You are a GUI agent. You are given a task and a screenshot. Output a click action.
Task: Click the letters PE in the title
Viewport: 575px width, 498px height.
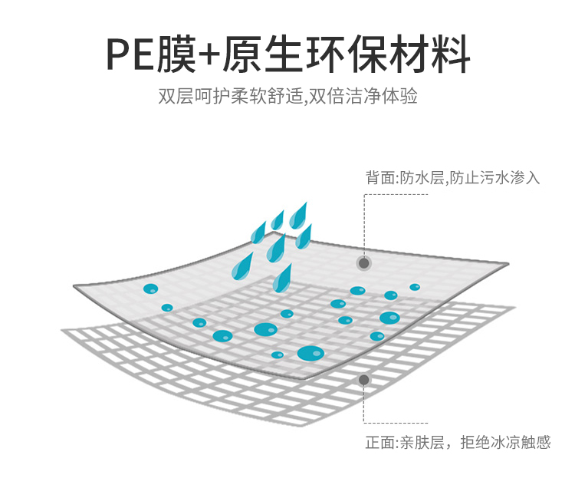pyautogui.click(x=130, y=54)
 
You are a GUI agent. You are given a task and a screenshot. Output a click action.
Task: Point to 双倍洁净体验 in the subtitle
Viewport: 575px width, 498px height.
pyautogui.click(x=363, y=97)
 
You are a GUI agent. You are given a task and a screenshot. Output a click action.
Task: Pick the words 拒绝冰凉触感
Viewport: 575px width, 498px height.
pyautogui.click(x=506, y=443)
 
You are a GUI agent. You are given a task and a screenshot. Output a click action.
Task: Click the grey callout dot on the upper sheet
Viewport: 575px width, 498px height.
pyautogui.click(x=364, y=263)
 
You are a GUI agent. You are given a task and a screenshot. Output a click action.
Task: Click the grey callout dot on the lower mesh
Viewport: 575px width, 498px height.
pyautogui.click(x=364, y=380)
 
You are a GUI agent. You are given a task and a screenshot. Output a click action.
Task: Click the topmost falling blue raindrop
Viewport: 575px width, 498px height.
pyautogui.click(x=298, y=214)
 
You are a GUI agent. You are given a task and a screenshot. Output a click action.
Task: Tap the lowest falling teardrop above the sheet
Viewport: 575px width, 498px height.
pyautogui.click(x=284, y=277)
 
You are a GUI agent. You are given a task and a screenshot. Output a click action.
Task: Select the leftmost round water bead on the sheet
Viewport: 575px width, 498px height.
pyautogui.click(x=150, y=289)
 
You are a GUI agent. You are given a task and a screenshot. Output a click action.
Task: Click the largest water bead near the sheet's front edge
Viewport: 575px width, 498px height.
pyautogui.click(x=310, y=353)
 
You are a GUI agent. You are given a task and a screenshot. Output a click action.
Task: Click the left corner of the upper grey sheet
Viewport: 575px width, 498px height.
pyautogui.click(x=75, y=287)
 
